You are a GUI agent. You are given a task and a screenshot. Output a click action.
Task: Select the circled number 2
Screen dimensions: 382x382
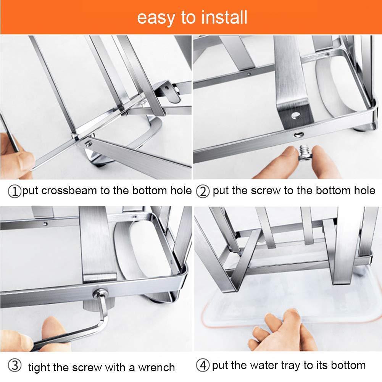pos(203,191)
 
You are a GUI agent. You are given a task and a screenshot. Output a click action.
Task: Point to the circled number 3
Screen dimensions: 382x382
pos(15,366)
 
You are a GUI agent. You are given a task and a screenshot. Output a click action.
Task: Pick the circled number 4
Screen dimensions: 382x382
pos(203,366)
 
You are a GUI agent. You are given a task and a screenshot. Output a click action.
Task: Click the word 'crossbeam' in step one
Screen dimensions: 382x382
pos(69,190)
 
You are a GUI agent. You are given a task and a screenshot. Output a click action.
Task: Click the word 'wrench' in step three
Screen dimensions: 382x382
pos(156,367)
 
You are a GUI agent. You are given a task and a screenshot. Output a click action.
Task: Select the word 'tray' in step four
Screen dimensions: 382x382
pos(291,366)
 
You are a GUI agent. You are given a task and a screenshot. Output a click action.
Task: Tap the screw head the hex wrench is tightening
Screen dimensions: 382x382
pos(100,293)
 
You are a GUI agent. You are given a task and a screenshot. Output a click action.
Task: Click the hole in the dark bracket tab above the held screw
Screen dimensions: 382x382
pos(295,115)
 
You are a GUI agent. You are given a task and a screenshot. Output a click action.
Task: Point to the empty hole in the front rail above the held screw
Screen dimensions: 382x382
pos(298,134)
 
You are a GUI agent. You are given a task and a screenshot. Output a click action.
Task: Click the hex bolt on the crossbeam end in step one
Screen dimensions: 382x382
pos(88,144)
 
